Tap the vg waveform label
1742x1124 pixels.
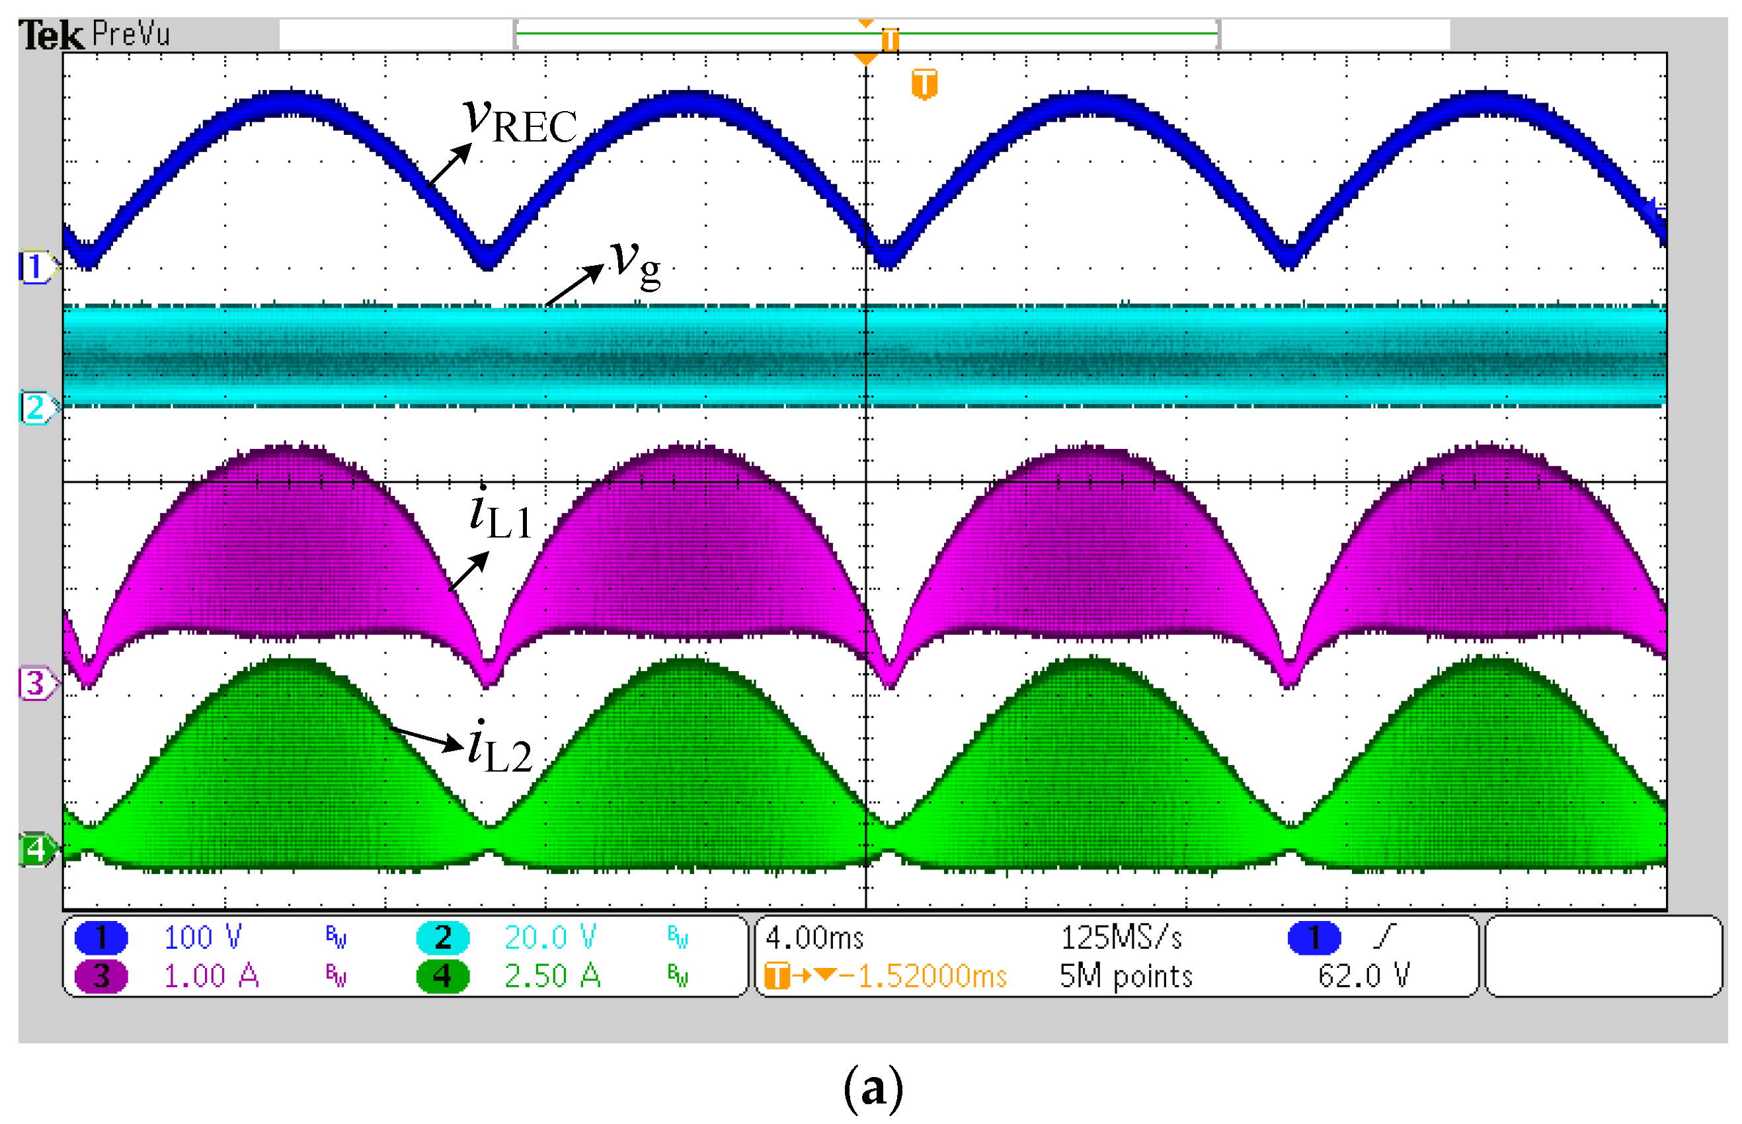pyautogui.click(x=635, y=264)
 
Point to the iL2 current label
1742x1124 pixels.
pyautogui.click(x=499, y=747)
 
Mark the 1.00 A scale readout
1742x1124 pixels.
pyautogui.click(x=211, y=977)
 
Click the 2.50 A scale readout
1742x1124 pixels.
pyautogui.click(x=552, y=977)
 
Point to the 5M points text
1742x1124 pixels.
pyautogui.click(x=1125, y=977)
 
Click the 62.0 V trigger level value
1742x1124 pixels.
pyautogui.click(x=1363, y=977)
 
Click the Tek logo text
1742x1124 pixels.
pyautogui.click(x=50, y=35)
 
